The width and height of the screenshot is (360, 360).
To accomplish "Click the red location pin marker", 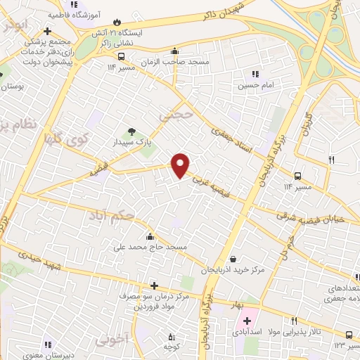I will tap(181, 165).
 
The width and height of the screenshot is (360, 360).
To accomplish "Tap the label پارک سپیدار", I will tap(131, 143).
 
